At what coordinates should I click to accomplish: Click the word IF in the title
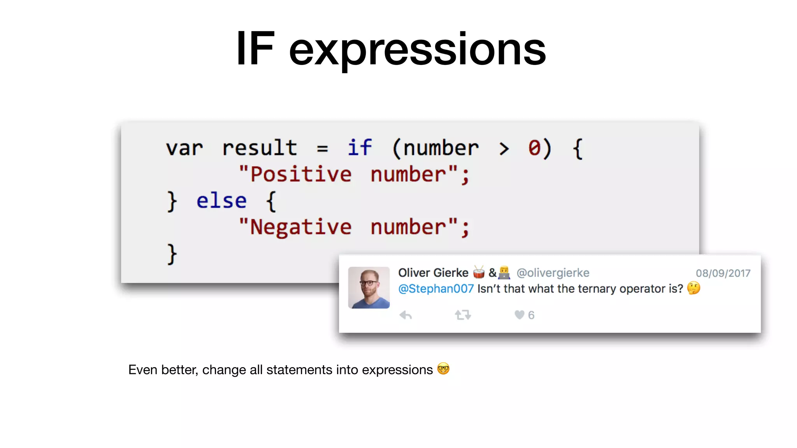(x=255, y=49)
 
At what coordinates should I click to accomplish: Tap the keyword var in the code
(x=184, y=148)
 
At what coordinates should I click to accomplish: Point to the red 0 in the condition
(x=534, y=148)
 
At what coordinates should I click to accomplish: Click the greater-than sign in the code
(x=504, y=149)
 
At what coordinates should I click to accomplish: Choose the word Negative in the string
(x=301, y=227)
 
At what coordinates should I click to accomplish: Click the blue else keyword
(x=221, y=201)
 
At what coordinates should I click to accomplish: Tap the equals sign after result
(x=322, y=149)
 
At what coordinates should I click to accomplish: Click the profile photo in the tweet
(x=369, y=287)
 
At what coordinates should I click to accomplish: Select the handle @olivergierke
(x=553, y=273)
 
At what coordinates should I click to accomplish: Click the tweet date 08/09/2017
(x=723, y=273)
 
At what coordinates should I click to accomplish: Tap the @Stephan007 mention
(x=436, y=289)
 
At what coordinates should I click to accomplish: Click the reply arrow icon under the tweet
(x=406, y=315)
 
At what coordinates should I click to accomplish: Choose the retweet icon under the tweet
(x=463, y=315)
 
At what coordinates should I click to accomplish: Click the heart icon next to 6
(x=519, y=315)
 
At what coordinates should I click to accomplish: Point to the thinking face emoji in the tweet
(x=693, y=288)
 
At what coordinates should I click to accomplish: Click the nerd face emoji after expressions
(x=443, y=369)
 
